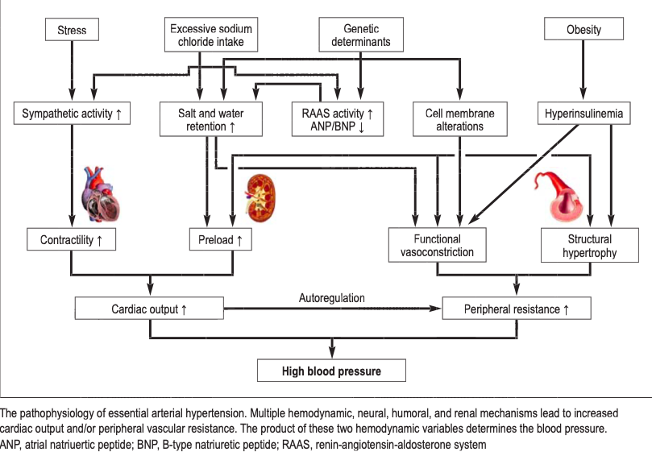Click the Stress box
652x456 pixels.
point(72,31)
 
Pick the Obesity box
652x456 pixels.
point(584,30)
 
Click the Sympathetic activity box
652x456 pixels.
point(73,114)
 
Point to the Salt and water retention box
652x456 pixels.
point(210,120)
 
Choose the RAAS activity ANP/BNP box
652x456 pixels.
point(338,120)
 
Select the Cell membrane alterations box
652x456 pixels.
point(459,120)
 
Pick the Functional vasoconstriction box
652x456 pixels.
point(438,246)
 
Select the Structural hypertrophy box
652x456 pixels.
point(590,246)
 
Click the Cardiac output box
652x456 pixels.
point(148,309)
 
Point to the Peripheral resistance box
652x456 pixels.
point(517,309)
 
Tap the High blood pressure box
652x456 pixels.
point(331,371)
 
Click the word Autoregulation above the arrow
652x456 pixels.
point(332,298)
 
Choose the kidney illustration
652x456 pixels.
point(260,198)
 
